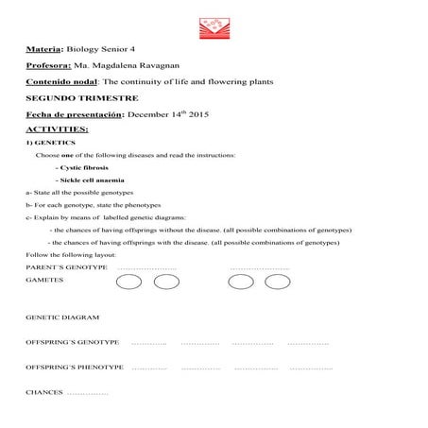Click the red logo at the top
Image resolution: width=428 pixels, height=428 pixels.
214,26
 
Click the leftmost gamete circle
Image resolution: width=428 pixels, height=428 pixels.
132,282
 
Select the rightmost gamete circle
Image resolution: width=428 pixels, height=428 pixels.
277,282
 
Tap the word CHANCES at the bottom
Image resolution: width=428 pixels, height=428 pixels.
44,390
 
